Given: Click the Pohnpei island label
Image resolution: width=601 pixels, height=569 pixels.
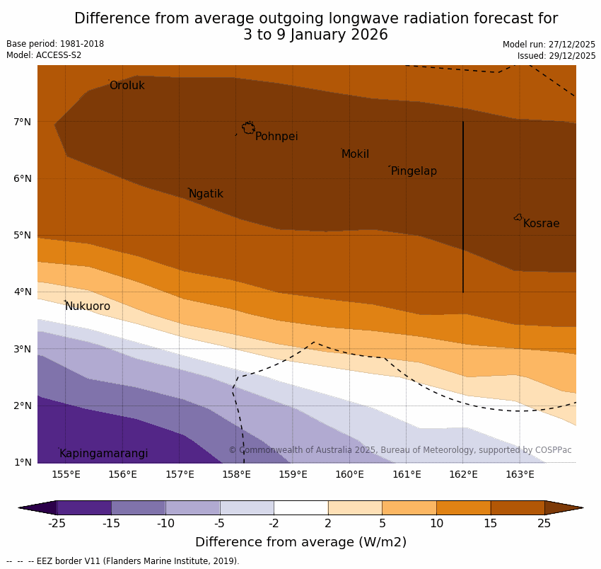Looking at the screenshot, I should pos(276,137).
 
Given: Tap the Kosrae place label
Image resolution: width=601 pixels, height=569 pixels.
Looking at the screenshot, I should pos(541,224).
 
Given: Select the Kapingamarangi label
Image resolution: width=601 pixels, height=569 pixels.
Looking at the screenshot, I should pos(104,454).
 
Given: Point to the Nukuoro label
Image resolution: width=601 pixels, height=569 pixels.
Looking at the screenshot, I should pos(88,306).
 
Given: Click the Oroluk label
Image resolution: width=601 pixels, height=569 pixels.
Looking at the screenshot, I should pos(127,86).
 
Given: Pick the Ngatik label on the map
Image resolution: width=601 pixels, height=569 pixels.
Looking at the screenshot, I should pos(206,194).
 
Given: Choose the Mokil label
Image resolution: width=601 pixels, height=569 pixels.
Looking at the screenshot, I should pos(355,154).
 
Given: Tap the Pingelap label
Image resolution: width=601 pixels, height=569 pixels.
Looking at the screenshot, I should pos(414,171).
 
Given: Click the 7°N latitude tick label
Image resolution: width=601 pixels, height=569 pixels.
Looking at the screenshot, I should pos(23,122).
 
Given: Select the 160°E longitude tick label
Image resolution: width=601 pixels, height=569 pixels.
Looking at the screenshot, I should pos(349,474).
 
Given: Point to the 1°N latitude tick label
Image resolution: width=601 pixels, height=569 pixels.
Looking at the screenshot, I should pos(23,462).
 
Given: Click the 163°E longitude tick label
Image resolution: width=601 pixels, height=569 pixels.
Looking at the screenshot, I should pos(520,474).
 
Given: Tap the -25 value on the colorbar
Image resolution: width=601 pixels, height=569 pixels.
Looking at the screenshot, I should pos(57,524).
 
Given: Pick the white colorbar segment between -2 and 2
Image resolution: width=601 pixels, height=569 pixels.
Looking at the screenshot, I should pos(300,507).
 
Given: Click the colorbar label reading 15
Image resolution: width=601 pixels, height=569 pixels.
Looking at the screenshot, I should pos(491,524).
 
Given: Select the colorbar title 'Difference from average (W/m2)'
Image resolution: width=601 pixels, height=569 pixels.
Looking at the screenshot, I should pos(300,542).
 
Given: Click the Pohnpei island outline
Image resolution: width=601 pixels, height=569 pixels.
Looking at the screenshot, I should pos(248,127).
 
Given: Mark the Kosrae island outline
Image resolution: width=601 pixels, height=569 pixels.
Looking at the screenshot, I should pos(518,217).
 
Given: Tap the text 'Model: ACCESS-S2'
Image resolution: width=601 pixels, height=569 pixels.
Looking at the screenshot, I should pos(44,55).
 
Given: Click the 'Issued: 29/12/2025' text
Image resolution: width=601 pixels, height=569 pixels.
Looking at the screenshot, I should pos(556,56).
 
